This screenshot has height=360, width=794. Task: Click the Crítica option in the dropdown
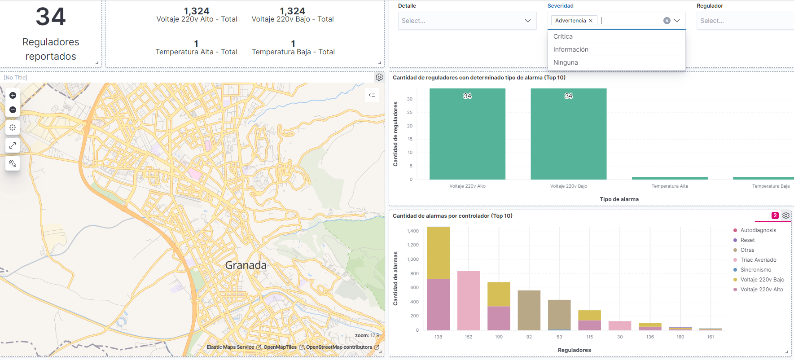pyautogui.click(x=563, y=36)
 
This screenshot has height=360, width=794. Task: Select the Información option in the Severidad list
pyautogui.click(x=570, y=49)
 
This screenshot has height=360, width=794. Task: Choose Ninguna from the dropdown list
pyautogui.click(x=565, y=62)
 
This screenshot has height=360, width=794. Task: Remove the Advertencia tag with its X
pyautogui.click(x=591, y=21)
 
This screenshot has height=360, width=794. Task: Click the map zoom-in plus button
pyautogui.click(x=13, y=95)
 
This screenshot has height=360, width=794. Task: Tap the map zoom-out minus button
pyautogui.click(x=13, y=110)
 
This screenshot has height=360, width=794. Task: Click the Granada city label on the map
pyautogui.click(x=246, y=265)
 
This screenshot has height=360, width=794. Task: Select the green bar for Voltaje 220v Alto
pyautogui.click(x=467, y=135)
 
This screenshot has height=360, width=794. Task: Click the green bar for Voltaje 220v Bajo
pyautogui.click(x=568, y=135)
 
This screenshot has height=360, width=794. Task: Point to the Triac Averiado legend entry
pyautogui.click(x=758, y=260)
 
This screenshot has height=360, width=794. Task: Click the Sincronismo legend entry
pyautogui.click(x=755, y=270)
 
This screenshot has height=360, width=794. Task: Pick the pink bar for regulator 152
pyautogui.click(x=468, y=301)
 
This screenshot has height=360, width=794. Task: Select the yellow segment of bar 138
pyautogui.click(x=438, y=253)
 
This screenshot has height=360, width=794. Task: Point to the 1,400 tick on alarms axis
pyautogui.click(x=412, y=231)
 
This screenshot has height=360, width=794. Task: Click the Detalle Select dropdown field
pyautogui.click(x=467, y=21)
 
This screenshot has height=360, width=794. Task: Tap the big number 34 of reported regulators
pyautogui.click(x=51, y=17)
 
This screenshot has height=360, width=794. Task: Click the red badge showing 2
pyautogui.click(x=775, y=215)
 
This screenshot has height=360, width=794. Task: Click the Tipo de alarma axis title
pyautogui.click(x=619, y=199)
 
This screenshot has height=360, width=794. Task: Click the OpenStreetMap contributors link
pyautogui.click(x=339, y=347)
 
